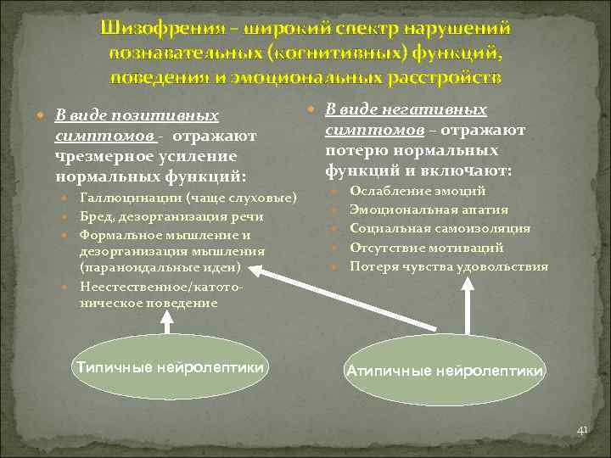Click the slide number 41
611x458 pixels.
pos(581,431)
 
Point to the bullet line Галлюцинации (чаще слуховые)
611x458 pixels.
pos(188,198)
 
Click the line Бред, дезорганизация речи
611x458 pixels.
pos(171,216)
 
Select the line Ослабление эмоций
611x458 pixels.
pos(418,191)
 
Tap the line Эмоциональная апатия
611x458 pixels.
pos(429,209)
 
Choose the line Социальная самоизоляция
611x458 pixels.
pos(440,228)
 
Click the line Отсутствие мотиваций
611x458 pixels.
pos(426,248)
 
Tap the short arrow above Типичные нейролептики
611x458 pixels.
pos(168,324)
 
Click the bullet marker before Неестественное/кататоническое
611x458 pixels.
pos(66,287)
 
